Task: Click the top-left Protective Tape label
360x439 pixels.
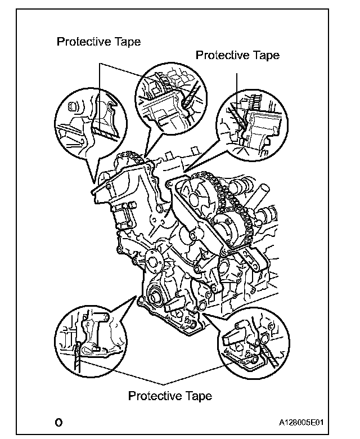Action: pyautogui.click(x=98, y=42)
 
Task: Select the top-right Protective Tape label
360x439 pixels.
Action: pyautogui.click(x=237, y=55)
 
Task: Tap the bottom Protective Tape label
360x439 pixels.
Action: pyautogui.click(x=170, y=396)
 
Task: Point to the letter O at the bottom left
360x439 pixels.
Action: pyautogui.click(x=58, y=422)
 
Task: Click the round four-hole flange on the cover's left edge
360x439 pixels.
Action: pyautogui.click(x=150, y=259)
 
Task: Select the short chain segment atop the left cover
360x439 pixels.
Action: pyautogui.click(x=128, y=155)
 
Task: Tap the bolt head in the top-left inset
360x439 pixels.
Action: pyautogui.click(x=73, y=107)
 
